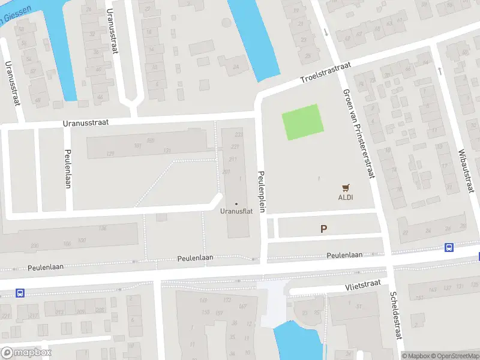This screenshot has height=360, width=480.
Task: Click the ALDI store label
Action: (345, 197)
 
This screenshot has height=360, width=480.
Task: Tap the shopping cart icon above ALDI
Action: (345, 188)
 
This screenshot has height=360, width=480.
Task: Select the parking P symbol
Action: (324, 229)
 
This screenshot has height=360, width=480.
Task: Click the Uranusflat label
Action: (236, 211)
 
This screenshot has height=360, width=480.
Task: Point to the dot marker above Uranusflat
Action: (236, 203)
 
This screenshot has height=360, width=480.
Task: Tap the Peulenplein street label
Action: (262, 190)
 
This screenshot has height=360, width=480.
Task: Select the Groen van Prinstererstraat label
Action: (359, 134)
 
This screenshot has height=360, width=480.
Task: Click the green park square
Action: (303, 122)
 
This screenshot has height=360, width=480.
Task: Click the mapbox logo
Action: (26, 353)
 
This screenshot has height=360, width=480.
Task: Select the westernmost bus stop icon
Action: (20, 293)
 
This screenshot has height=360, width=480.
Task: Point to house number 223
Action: (239, 134)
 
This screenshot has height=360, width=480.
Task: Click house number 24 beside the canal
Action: (236, 67)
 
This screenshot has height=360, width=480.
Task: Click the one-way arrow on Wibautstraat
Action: (440, 71)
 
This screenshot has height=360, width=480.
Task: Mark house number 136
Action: (103, 228)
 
